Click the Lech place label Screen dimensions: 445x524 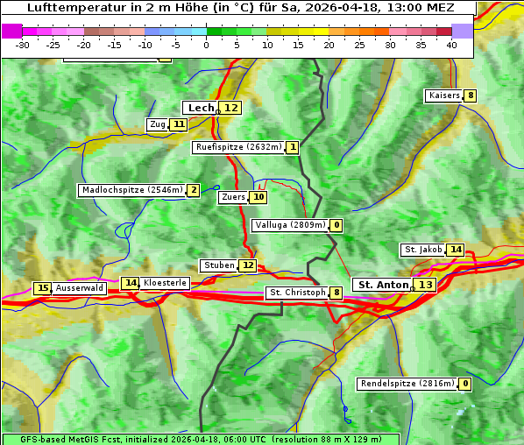point(201,108)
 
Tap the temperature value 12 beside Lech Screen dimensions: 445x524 point(230,108)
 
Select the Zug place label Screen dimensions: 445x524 point(157,124)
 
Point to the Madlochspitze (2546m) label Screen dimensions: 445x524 point(131,190)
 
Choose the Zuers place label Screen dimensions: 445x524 point(233,197)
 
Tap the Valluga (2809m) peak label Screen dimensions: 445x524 point(290,225)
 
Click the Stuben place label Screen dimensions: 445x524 point(218,265)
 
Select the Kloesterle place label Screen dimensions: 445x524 point(164,283)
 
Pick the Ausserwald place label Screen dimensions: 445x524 point(80,288)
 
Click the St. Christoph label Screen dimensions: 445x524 point(297,293)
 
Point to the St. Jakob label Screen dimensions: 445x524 point(423,250)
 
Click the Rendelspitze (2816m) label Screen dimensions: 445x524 point(407,384)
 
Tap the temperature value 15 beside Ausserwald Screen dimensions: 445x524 point(42,288)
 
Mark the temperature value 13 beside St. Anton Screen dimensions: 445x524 point(425,285)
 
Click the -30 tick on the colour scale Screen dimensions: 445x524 point(24,45)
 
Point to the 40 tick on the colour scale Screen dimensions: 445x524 point(451,45)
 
